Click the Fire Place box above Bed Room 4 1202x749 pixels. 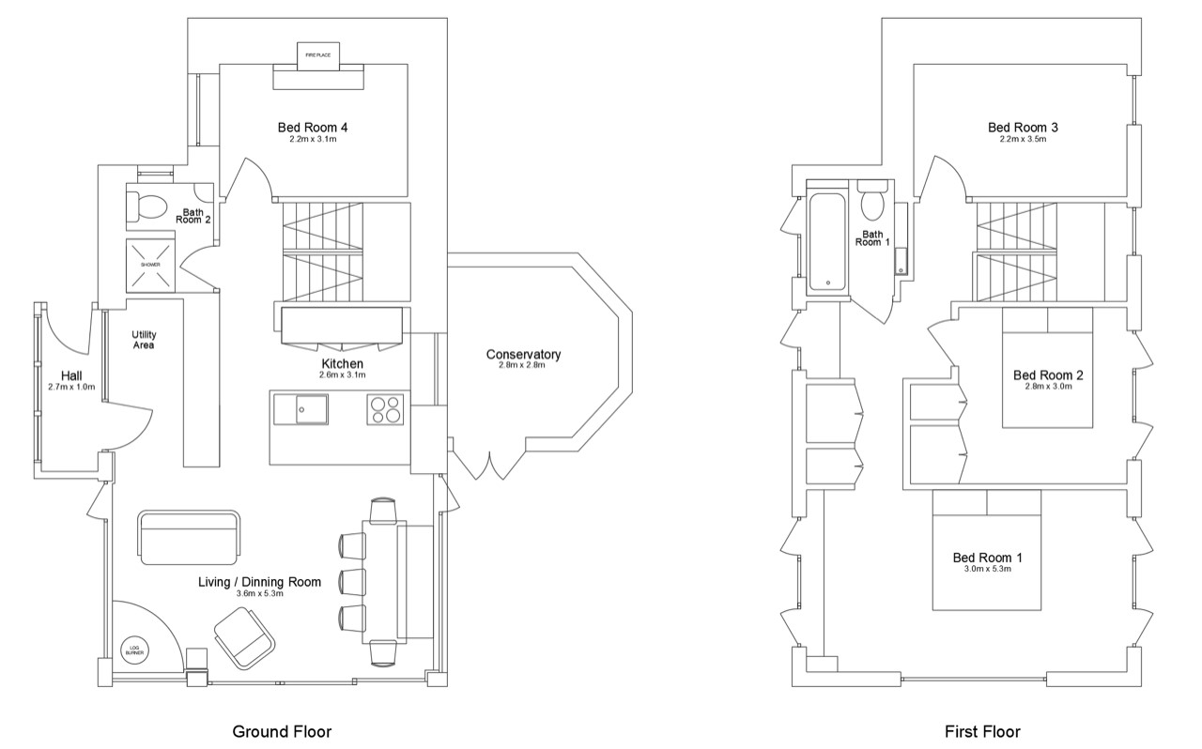tap(318, 55)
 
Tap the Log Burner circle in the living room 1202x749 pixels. tap(134, 651)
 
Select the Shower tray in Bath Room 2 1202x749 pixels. tap(150, 265)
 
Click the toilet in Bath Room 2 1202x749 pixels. tap(146, 207)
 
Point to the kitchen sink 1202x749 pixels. tap(312, 409)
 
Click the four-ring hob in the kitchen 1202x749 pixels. tap(385, 410)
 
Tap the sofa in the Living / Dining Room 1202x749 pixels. tap(189, 538)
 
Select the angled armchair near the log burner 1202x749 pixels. tap(244, 638)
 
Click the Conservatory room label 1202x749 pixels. tap(523, 355)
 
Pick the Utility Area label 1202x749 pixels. tap(144, 340)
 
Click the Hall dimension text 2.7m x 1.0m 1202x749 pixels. tap(71, 387)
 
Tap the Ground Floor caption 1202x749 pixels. tap(282, 732)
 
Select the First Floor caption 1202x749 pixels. tap(982, 732)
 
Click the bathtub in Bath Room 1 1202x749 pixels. tap(827, 241)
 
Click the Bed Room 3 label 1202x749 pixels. tap(1023, 128)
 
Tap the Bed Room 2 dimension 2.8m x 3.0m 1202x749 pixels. tap(1048, 387)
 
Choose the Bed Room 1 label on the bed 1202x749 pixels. tap(987, 558)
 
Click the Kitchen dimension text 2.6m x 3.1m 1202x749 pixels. tap(343, 375)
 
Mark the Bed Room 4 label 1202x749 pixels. tap(313, 128)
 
